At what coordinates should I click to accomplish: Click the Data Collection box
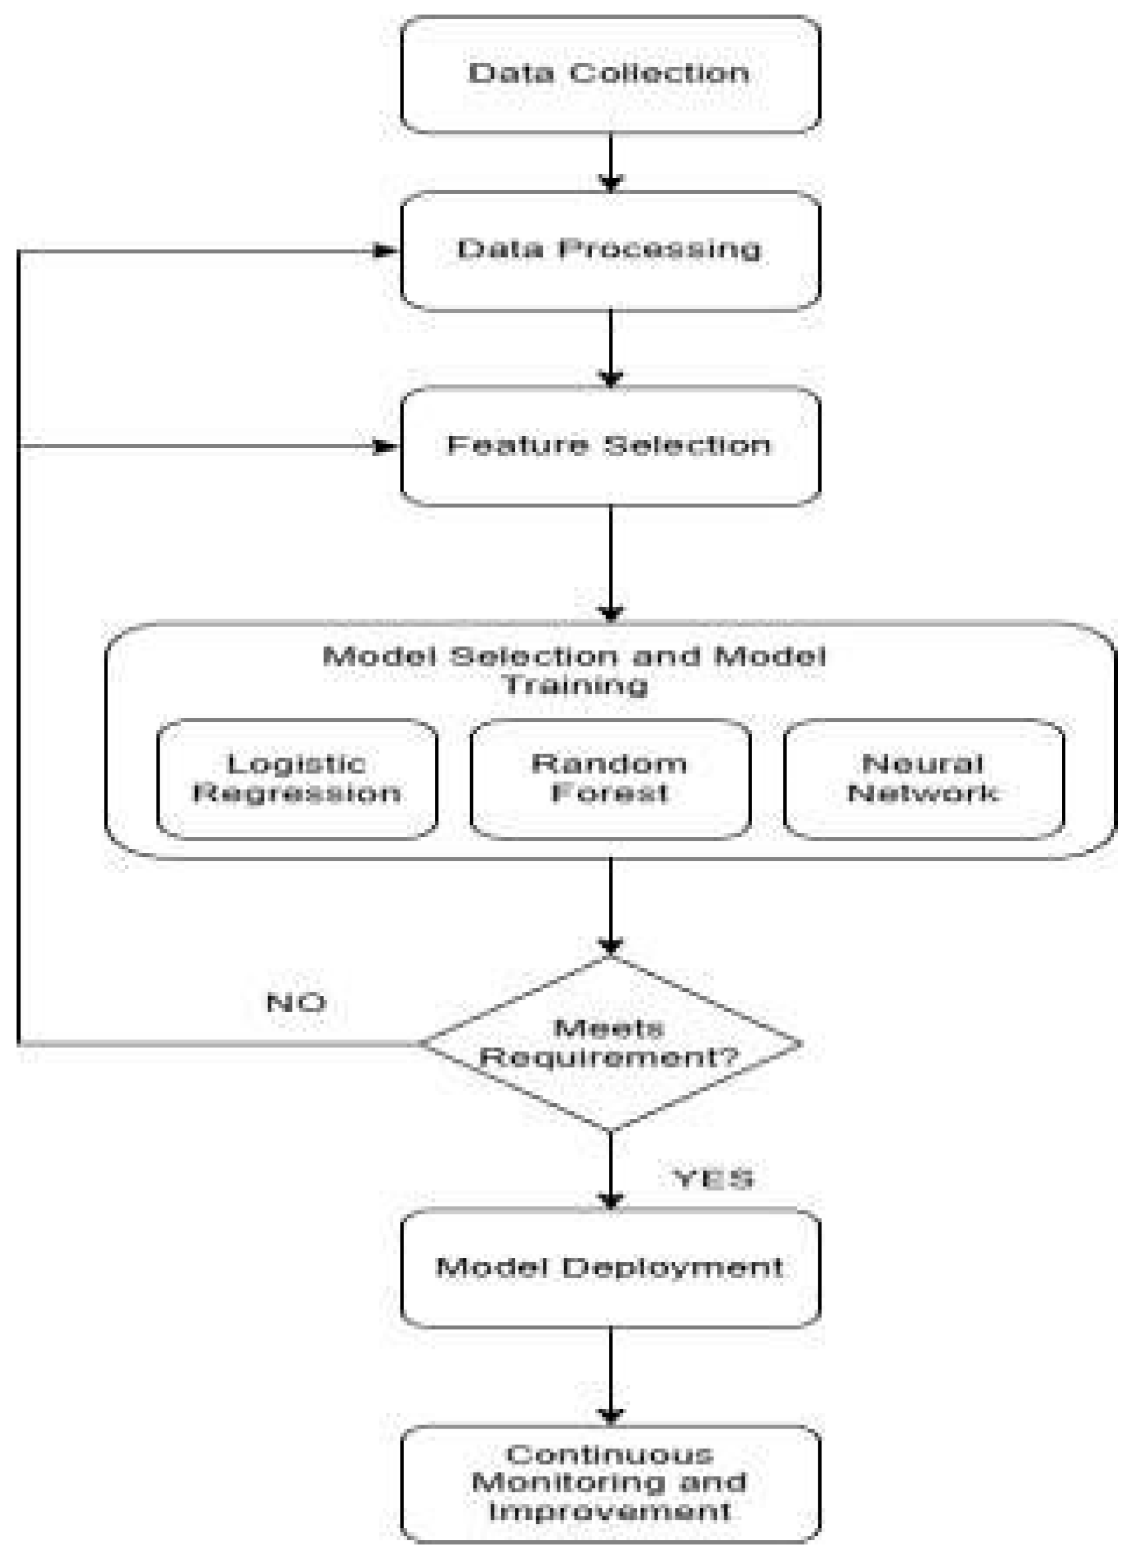(610, 74)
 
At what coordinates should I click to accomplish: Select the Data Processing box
(610, 251)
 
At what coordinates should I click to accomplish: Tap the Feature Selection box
(610, 447)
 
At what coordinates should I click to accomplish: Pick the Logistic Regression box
(297, 779)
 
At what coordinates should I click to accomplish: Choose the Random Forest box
(610, 779)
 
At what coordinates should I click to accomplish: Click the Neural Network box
(924, 779)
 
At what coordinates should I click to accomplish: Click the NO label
(297, 1003)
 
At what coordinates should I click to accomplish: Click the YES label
(714, 1179)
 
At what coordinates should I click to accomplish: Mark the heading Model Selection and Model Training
(574, 670)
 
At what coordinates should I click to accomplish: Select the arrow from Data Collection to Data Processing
(610, 162)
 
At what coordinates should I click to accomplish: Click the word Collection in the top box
(659, 73)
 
